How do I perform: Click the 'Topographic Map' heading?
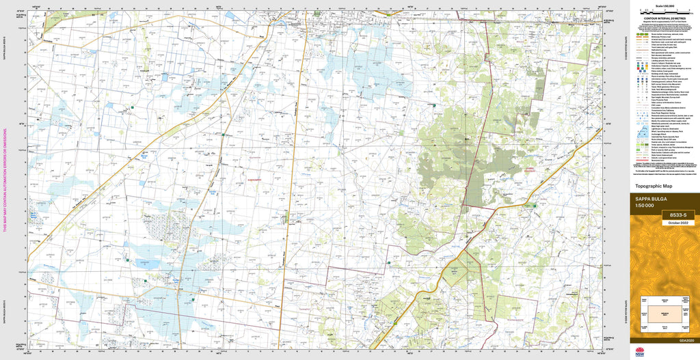pyautogui.click(x=654, y=186)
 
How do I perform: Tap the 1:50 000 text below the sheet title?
pyautogui.click(x=645, y=206)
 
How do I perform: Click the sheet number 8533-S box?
pyautogui.click(x=675, y=215)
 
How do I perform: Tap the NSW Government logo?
pyautogui.click(x=640, y=352)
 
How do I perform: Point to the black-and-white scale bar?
pyautogui.click(x=663, y=12)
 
